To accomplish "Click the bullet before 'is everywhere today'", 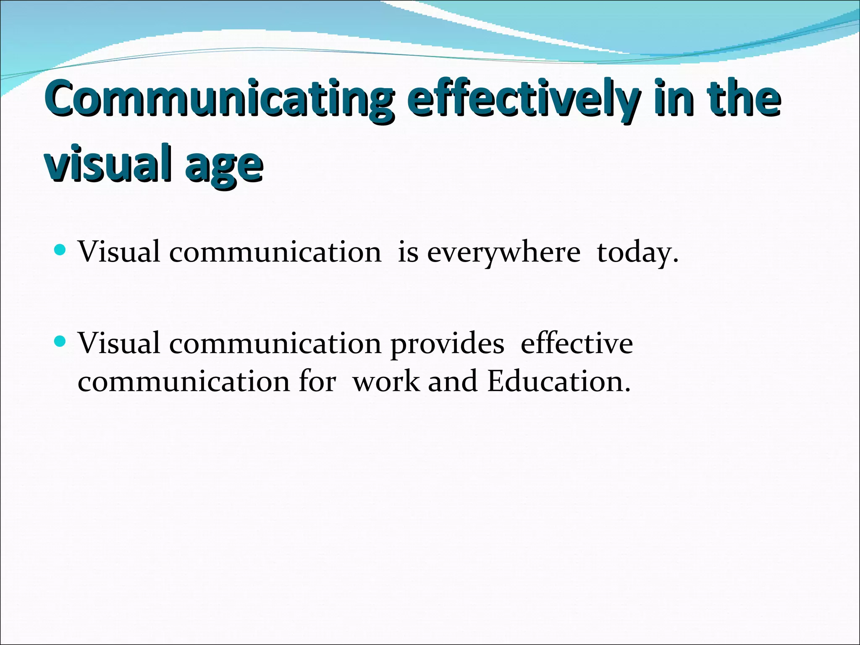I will [x=60, y=251].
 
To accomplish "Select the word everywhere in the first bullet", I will [x=503, y=253].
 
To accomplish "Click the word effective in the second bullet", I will [x=577, y=343].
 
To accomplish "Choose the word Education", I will [x=559, y=382].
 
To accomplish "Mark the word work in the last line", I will [x=386, y=382].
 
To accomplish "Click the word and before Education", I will [x=453, y=382].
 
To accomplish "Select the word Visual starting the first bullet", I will [x=119, y=252].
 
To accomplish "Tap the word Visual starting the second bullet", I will [x=119, y=343].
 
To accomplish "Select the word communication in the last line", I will [x=184, y=382].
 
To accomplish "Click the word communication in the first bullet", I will [x=275, y=253].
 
